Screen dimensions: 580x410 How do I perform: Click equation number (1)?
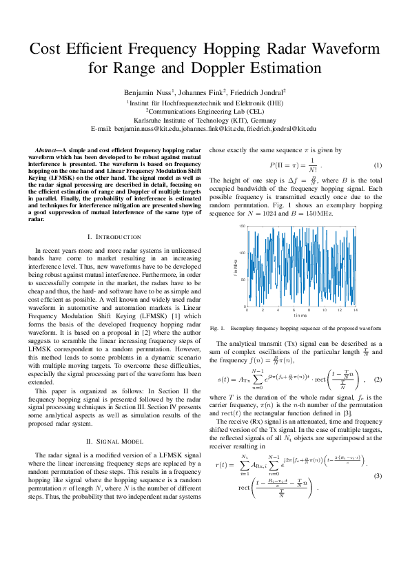click(378, 165)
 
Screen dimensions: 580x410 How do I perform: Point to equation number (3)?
click(378, 476)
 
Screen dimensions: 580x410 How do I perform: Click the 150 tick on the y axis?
click(242, 227)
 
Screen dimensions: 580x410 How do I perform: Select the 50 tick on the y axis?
click(243, 280)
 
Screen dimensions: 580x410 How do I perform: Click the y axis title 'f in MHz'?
click(235, 266)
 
